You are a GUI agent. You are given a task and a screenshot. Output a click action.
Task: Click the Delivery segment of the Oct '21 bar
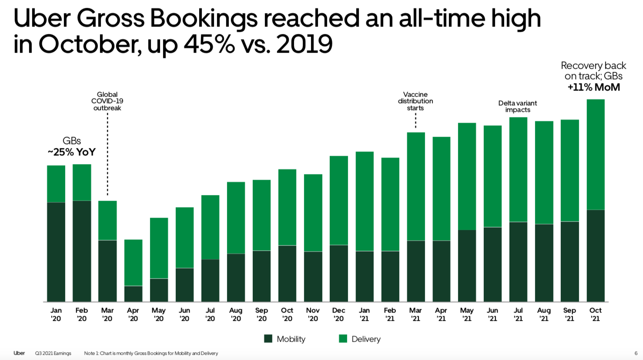point(595,155)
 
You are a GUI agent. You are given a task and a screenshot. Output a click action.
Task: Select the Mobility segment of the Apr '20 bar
point(133,294)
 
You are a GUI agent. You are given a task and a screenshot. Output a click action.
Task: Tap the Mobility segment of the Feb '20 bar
point(82,251)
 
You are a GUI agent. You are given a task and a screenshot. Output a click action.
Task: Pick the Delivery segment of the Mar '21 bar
point(415,186)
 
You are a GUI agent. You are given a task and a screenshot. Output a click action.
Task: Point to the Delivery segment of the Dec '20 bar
point(338,200)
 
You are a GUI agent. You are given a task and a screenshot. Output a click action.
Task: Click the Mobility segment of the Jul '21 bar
point(518,262)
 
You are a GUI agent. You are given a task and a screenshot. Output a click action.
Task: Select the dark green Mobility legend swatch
point(268,339)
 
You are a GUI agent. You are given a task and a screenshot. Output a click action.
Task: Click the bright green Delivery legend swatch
point(343,339)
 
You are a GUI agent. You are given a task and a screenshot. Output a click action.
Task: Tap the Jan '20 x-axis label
point(56,314)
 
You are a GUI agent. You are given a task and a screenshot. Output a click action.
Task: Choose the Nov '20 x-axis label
point(313,314)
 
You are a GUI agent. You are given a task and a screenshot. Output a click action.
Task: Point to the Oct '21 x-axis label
point(595,314)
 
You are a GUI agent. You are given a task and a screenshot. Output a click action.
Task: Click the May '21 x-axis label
point(467,314)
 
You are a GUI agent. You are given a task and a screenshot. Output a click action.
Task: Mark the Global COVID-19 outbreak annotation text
point(107,101)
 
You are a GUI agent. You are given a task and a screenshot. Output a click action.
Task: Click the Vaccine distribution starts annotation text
point(415,101)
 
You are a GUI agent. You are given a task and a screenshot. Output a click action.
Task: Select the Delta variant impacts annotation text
point(518,106)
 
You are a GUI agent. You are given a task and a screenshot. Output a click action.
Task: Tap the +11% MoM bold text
point(593,87)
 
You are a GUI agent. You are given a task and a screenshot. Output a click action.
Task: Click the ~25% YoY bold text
point(72,152)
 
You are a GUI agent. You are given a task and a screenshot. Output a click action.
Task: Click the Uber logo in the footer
point(19,353)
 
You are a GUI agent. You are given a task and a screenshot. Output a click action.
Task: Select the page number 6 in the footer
point(636,353)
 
